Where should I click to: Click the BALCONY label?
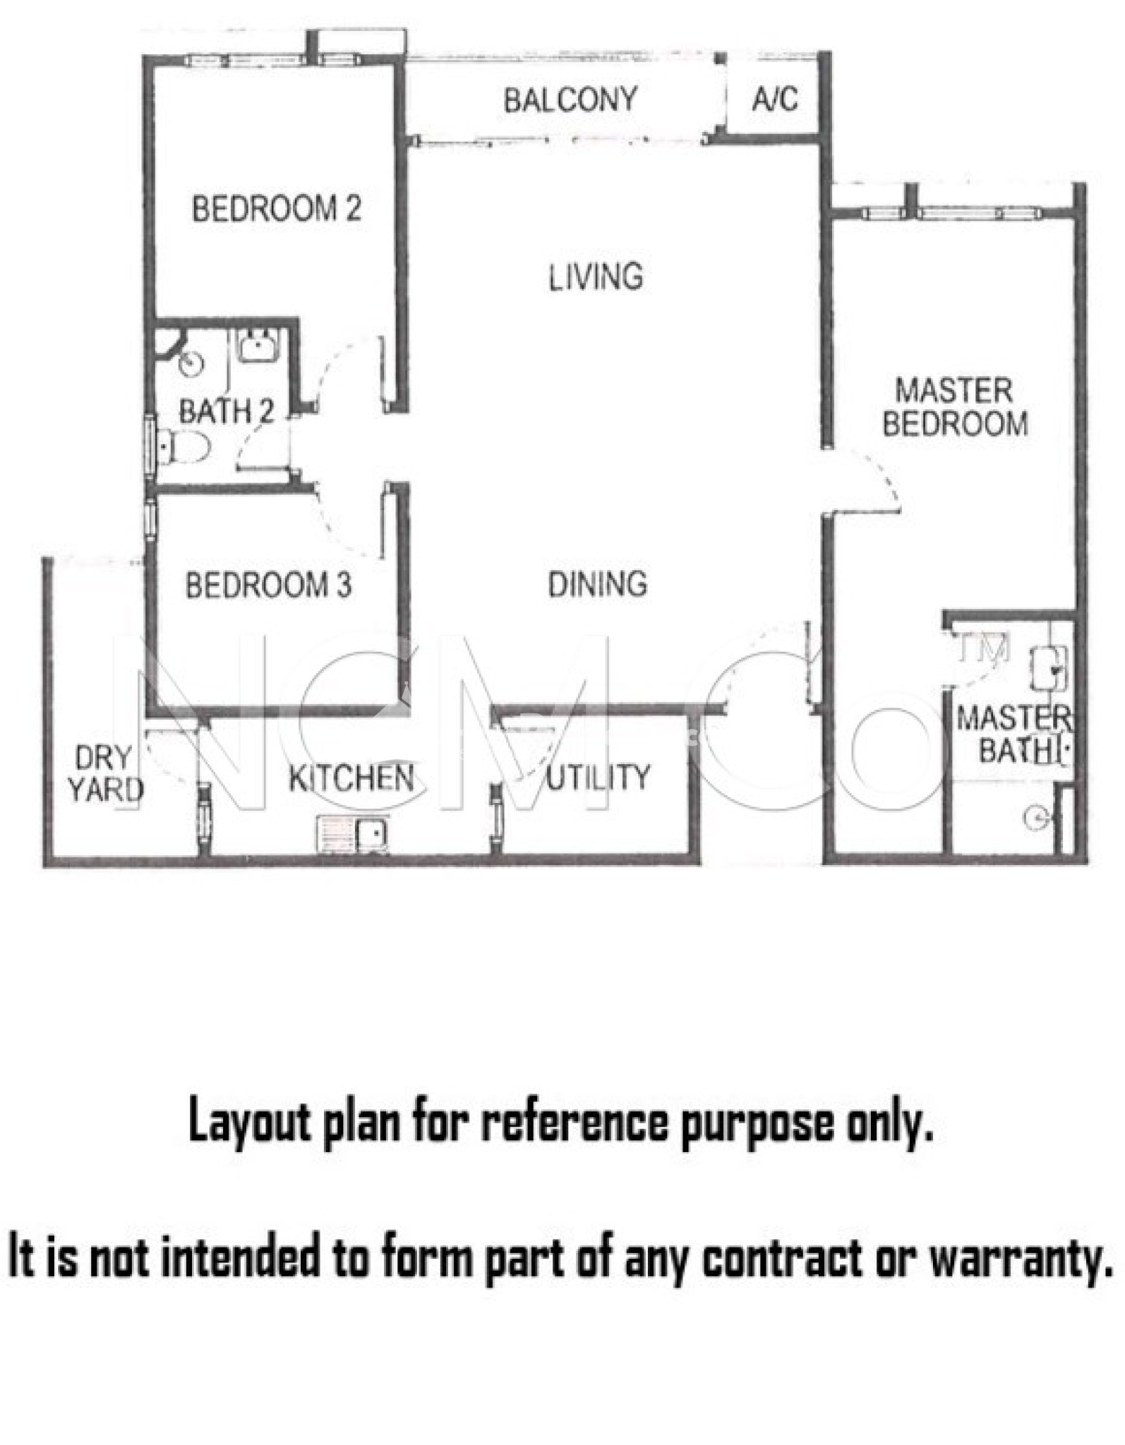(570, 100)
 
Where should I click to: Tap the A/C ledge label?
(775, 99)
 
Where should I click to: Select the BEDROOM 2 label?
(277, 209)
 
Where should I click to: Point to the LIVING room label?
(596, 277)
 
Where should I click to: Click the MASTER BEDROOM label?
(955, 407)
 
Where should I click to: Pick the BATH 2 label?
(226, 411)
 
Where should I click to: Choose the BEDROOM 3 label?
(268, 585)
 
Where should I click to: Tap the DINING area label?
(598, 584)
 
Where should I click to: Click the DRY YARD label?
(106, 774)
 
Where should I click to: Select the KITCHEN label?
(351, 778)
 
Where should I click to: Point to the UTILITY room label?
(598, 777)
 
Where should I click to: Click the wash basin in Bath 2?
(258, 346)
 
